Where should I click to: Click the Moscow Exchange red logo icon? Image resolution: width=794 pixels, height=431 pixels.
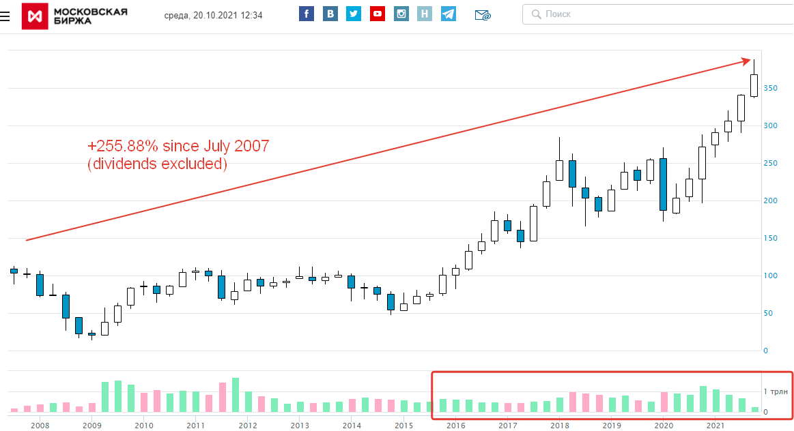tap(35, 16)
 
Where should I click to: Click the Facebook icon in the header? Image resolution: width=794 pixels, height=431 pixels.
tap(307, 14)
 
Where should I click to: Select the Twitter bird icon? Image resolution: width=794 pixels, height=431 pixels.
tap(353, 14)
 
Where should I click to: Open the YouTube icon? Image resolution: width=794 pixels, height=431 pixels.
tap(377, 14)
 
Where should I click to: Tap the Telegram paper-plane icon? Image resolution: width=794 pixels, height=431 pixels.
tap(448, 14)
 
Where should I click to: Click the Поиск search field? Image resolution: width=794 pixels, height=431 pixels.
tap(655, 14)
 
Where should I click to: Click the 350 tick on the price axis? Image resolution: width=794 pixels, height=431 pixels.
tap(771, 89)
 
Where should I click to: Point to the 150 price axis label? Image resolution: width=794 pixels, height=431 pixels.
tap(771, 238)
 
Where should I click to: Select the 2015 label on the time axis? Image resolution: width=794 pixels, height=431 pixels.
tap(403, 426)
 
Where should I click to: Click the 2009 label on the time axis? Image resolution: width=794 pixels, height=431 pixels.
tap(92, 426)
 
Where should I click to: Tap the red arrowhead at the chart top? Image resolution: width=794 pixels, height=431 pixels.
tap(747, 62)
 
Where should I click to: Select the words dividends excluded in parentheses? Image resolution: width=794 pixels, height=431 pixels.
tap(157, 164)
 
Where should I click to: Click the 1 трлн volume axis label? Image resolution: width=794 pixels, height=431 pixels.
tap(776, 391)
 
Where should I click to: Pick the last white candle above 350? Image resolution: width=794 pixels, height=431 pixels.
tap(754, 85)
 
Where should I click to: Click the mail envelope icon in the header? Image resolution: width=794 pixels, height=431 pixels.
tap(483, 14)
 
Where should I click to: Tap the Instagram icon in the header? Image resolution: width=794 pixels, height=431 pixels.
tap(401, 14)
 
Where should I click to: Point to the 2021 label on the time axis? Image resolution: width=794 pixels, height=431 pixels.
tap(715, 426)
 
